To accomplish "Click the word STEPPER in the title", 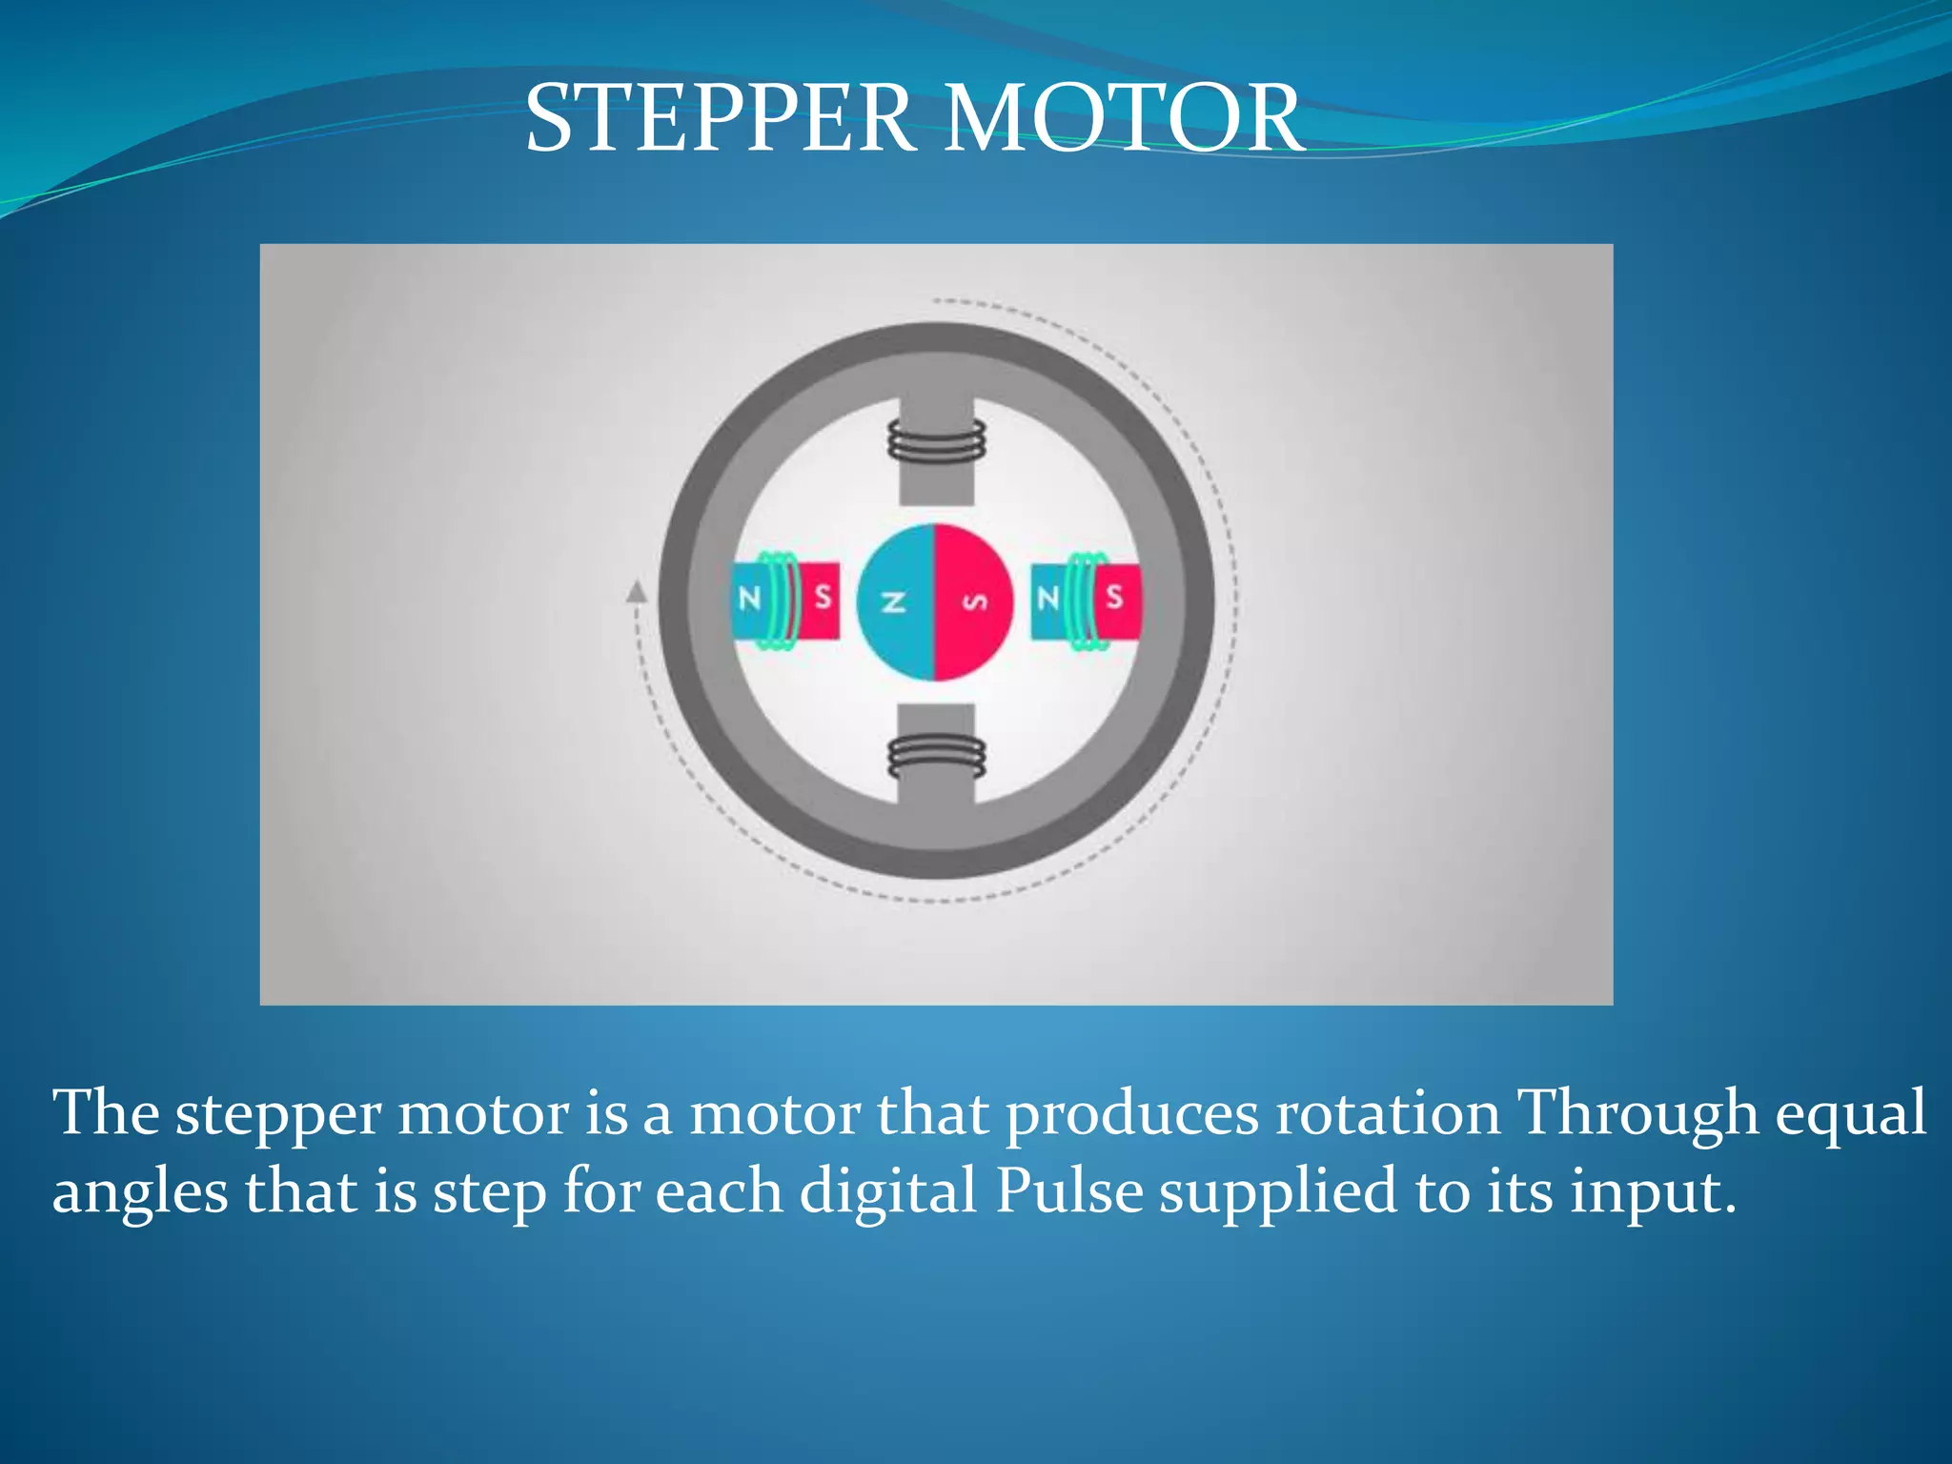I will [x=720, y=118].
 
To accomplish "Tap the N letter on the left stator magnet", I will [x=750, y=599].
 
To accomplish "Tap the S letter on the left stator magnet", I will [x=823, y=598].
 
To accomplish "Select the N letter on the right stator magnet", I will [x=1048, y=599].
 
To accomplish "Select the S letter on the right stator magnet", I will [x=1114, y=598].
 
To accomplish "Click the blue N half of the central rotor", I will [x=894, y=601].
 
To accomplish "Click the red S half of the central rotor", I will [x=974, y=601].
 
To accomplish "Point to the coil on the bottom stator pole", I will [x=936, y=758].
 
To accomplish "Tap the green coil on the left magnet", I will [x=779, y=600].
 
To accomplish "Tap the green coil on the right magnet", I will [x=1086, y=600].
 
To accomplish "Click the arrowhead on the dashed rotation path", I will [x=637, y=593].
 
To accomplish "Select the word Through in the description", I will [x=1636, y=1113].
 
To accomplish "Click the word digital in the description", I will [x=888, y=1191].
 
